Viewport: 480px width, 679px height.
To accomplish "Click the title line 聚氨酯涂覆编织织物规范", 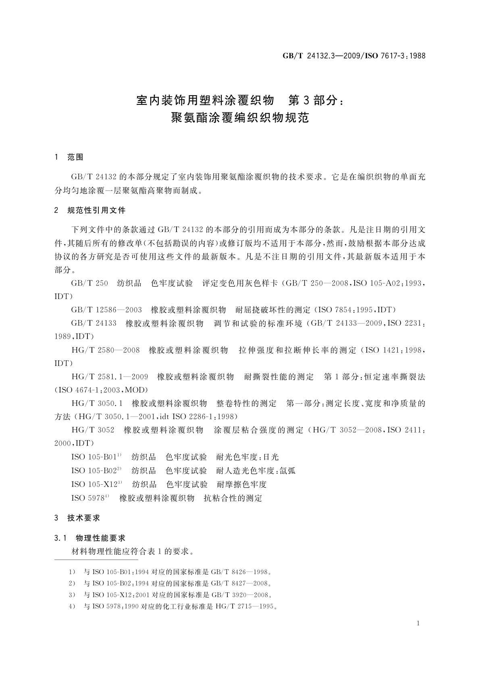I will tap(240, 118).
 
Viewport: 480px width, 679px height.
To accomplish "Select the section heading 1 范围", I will tap(69, 157).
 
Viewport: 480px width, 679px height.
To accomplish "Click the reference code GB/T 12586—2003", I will tap(106, 310).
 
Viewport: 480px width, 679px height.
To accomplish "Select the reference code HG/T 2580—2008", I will tap(106, 350).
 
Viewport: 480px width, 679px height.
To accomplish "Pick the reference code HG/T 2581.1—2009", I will tap(110, 377).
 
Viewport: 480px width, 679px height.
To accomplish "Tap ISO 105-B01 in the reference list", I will tap(94, 457).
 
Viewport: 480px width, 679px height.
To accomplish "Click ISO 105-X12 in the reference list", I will tap(95, 484).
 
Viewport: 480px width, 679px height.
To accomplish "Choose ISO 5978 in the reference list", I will tap(88, 498).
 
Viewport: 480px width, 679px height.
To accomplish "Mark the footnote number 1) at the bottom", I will tap(72, 572).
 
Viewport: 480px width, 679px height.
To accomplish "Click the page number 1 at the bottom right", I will tap(418, 623).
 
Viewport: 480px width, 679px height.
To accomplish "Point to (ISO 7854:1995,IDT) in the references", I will tap(355, 310).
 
